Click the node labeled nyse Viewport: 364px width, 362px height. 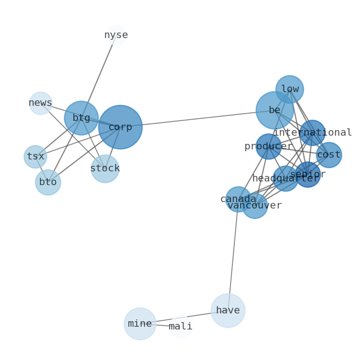[116, 35]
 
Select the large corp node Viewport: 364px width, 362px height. [120, 127]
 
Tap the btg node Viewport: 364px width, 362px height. [81, 118]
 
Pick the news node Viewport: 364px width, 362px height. [41, 103]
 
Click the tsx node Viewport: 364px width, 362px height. [35, 157]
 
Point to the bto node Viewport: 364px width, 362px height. [48, 182]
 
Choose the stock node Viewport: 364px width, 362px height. [105, 169]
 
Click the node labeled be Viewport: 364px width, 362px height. [275, 110]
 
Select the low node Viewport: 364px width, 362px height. [290, 89]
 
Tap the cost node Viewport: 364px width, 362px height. [329, 155]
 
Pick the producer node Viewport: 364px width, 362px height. [268, 147]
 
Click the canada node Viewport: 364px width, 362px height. [238, 199]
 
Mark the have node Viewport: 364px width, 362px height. [228, 311]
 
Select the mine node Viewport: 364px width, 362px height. [140, 324]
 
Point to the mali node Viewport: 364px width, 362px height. [181, 327]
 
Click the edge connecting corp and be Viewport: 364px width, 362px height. [197, 119]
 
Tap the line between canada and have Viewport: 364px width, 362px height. [233, 255]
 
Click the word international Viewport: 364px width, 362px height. [313, 133]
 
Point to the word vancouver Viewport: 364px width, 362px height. [255, 206]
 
